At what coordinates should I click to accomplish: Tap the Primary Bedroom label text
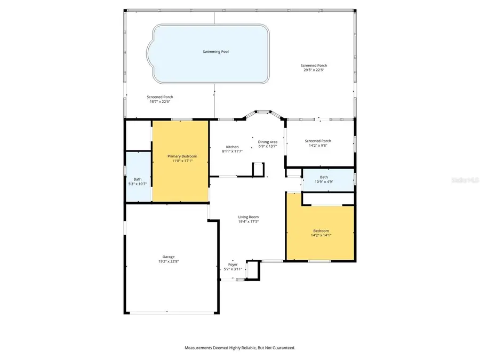coord(182,156)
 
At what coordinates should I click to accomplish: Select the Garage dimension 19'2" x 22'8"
coord(169,261)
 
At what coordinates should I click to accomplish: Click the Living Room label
coord(248,217)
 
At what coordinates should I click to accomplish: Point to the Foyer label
coord(233,264)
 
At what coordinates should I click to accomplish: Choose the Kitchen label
coord(232,147)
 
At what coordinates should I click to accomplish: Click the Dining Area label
coord(268,142)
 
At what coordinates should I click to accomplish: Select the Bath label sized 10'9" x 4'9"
coord(324,177)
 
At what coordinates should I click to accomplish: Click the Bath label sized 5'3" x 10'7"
coord(138,179)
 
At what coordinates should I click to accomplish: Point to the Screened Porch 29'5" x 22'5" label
coord(314,65)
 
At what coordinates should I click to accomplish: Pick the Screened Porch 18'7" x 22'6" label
coord(160,97)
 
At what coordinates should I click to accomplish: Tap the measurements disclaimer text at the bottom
coord(239,348)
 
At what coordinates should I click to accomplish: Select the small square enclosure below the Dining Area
coord(258,170)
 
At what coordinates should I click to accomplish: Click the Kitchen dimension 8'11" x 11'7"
coord(232,151)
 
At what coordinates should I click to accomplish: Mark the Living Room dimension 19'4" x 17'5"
coord(248,221)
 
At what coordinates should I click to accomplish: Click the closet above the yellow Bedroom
coord(328,198)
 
